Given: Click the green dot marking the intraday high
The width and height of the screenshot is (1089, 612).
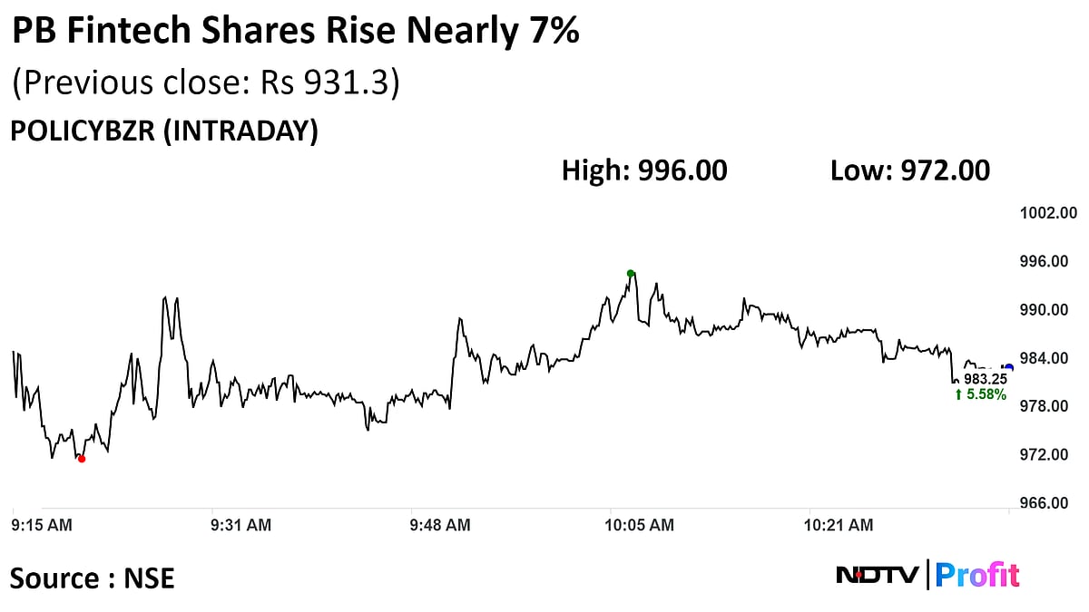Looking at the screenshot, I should (631, 273).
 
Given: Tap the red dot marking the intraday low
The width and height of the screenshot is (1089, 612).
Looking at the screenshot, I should (82, 459).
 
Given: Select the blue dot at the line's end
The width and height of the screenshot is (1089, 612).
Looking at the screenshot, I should (1009, 367).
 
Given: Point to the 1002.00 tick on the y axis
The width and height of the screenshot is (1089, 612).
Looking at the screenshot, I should (1048, 213).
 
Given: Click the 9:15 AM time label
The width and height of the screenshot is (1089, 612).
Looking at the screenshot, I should (42, 525).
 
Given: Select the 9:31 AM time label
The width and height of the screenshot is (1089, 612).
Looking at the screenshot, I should (240, 525).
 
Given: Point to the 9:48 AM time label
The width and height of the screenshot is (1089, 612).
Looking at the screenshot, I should (440, 525).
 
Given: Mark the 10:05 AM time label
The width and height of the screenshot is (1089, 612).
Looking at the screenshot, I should (640, 525).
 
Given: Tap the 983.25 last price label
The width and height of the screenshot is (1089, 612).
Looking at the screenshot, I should (985, 380).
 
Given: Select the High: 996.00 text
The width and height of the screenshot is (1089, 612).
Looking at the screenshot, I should (644, 170).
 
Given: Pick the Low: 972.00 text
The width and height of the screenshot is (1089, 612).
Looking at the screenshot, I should (909, 170).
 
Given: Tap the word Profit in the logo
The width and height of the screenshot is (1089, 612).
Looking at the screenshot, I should (977, 575).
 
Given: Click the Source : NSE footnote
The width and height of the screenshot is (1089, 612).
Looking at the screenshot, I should (92, 578).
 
